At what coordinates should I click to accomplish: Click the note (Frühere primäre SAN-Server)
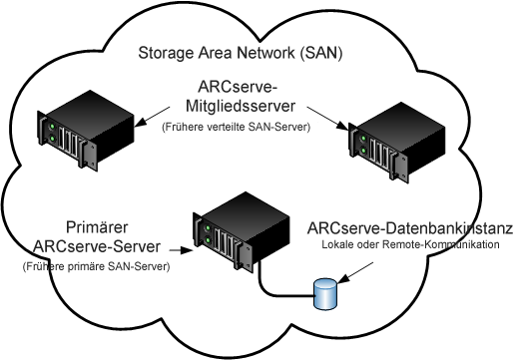pos(94,266)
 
